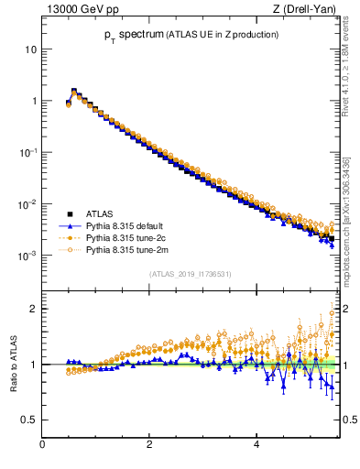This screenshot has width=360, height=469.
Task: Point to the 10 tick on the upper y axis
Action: coord(31,49)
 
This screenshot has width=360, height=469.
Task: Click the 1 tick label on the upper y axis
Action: coord(34,101)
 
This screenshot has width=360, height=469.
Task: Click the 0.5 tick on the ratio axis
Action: coord(29,420)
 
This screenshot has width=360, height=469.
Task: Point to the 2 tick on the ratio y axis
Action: coord(34,309)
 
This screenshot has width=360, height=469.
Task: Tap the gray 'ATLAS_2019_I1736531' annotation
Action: coord(190,273)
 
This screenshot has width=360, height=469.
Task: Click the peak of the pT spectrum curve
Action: coord(74,91)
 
